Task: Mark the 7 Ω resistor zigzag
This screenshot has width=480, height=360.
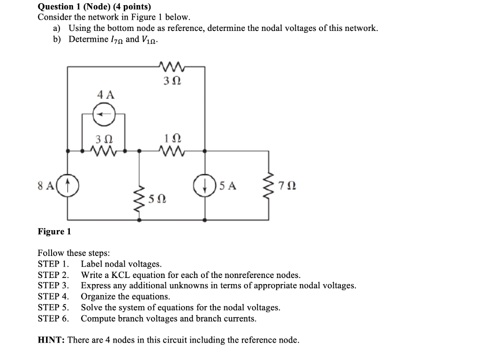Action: pos(269,186)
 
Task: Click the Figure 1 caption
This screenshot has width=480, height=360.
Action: pos(54,232)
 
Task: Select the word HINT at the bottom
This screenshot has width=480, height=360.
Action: pos(51,340)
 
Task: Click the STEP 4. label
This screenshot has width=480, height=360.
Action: pos(53,296)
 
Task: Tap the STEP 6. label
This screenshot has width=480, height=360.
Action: pos(53,319)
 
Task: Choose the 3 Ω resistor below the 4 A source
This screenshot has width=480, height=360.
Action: pos(105,151)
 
